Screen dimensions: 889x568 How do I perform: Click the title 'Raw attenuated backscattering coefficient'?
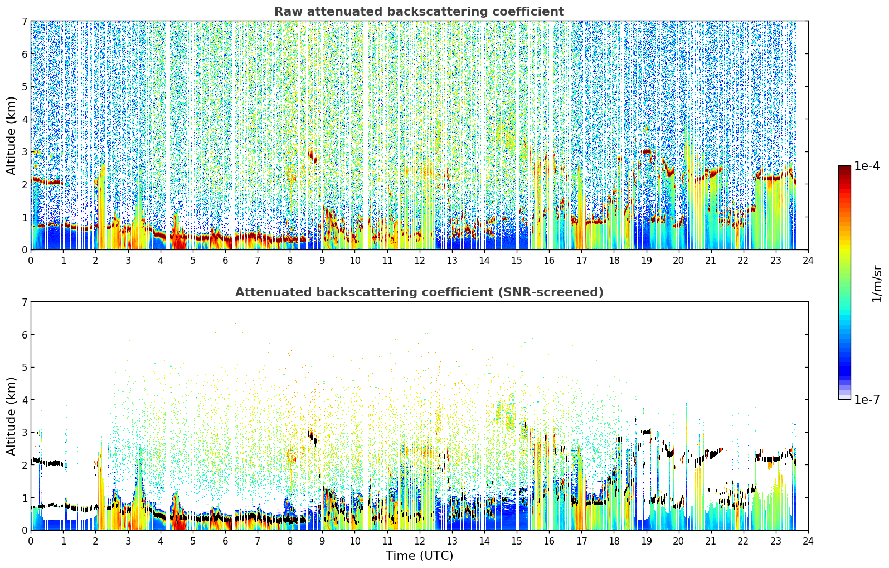pyautogui.click(x=419, y=12)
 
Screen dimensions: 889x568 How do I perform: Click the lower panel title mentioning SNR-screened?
pyautogui.click(x=419, y=292)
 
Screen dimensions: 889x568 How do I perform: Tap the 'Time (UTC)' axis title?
pyautogui.click(x=419, y=555)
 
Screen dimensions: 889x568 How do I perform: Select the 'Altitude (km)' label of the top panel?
pyautogui.click(x=11, y=136)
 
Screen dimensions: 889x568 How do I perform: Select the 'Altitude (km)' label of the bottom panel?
pyautogui.click(x=11, y=416)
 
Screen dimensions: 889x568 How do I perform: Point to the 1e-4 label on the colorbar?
pyautogui.click(x=868, y=166)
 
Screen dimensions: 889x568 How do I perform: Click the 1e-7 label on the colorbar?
pyautogui.click(x=868, y=399)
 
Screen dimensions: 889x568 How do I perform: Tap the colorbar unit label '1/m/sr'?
pyautogui.click(x=877, y=284)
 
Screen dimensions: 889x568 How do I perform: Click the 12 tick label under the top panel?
pyautogui.click(x=420, y=261)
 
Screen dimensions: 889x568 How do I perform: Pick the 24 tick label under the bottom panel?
pyautogui.click(x=808, y=541)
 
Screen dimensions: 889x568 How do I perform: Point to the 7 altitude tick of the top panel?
pyautogui.click(x=25, y=21)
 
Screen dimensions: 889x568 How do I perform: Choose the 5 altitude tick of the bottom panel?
pyautogui.click(x=25, y=368)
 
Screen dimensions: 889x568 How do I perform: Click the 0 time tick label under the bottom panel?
pyautogui.click(x=31, y=541)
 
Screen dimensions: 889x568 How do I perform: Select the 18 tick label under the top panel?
pyautogui.click(x=614, y=261)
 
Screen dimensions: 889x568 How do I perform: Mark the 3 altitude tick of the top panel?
pyautogui.click(x=25, y=152)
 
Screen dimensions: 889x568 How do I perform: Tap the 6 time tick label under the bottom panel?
pyautogui.click(x=225, y=541)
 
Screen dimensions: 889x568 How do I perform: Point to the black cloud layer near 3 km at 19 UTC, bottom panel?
pyautogui.click(x=647, y=432)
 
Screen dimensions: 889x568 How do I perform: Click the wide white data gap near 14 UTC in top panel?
pyautogui.click(x=483, y=135)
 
